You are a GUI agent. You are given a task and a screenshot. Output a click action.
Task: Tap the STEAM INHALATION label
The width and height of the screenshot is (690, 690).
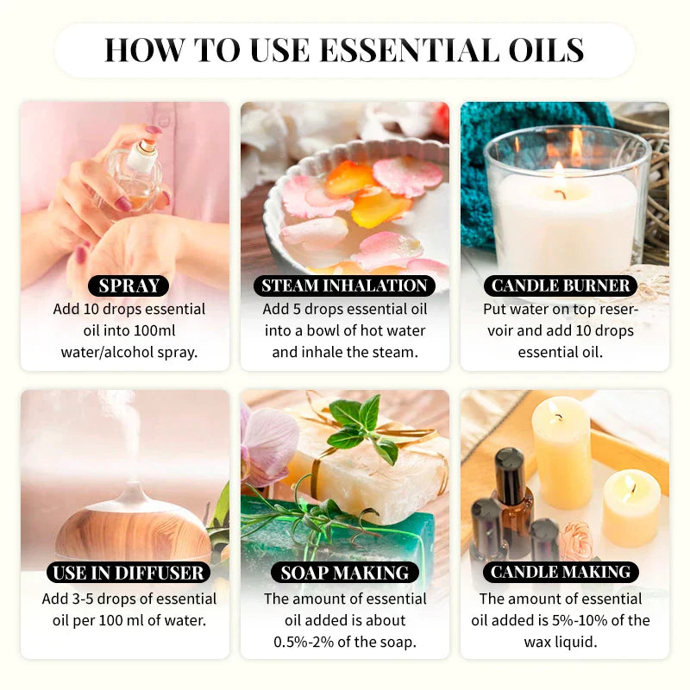coord(345,286)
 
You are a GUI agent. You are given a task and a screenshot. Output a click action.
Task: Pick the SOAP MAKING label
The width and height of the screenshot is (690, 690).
coord(345,572)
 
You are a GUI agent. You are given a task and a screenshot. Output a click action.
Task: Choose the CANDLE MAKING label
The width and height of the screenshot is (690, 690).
coord(561,572)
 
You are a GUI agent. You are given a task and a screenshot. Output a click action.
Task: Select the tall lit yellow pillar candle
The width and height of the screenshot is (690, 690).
coord(561,448)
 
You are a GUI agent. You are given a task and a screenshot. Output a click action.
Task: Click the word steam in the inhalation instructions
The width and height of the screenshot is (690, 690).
coord(392,352)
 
